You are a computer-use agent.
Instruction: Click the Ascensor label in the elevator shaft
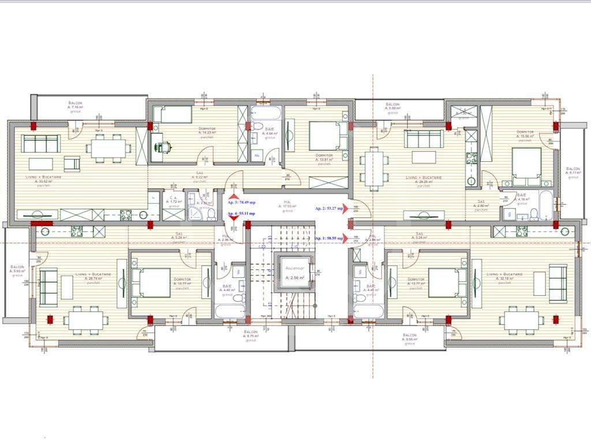[x=294, y=268]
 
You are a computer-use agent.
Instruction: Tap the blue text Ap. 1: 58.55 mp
[x=329, y=238]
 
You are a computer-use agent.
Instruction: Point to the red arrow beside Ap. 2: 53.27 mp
[x=346, y=209]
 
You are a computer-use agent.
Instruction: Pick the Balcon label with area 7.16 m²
[x=76, y=104]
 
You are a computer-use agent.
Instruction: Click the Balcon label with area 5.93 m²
[x=17, y=269]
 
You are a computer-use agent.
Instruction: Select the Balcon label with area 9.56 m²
[x=409, y=338]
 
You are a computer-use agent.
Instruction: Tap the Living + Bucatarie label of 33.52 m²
[x=43, y=179]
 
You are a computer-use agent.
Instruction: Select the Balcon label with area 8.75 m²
[x=250, y=335]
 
